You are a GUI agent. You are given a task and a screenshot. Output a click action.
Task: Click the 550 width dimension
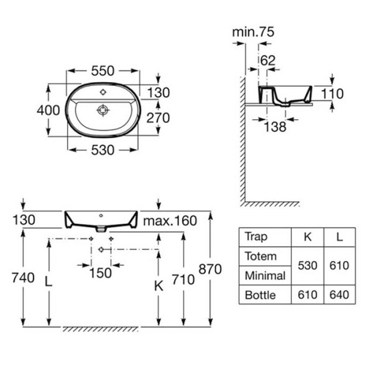pos(103,70)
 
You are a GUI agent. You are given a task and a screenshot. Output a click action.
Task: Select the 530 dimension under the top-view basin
pos(103,150)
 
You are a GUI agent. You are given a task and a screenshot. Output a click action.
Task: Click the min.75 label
pos(253,32)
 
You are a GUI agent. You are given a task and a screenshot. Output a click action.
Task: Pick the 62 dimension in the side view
pos(268,60)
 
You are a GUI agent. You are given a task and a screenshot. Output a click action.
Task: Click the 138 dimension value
pos(275,127)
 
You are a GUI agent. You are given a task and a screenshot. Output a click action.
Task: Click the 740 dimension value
pos(22,277)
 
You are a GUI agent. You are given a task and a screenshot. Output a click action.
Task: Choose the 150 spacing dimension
pos(100,273)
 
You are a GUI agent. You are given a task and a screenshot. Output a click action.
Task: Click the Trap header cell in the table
pos(256,237)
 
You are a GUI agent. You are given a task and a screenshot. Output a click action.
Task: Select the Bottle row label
pos(261,295)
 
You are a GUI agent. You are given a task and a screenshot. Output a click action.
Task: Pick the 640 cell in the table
pos(339,295)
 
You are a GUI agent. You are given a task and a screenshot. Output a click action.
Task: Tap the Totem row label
pos(261,256)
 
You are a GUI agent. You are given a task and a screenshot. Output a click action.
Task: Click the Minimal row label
pos(265,275)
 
